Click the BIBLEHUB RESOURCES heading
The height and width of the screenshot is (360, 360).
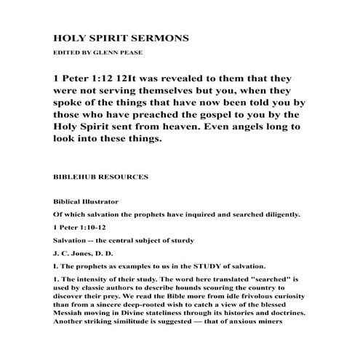coord(101,176)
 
